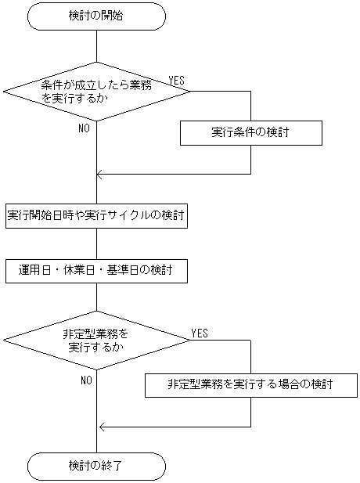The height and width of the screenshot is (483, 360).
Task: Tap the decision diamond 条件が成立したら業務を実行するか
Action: point(96,91)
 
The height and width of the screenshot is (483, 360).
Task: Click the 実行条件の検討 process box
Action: point(250,132)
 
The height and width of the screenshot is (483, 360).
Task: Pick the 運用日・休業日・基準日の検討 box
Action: point(96,271)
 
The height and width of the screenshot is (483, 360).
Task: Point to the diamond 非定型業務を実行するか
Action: point(96,339)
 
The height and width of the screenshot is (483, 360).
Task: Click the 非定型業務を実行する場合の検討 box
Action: point(250,384)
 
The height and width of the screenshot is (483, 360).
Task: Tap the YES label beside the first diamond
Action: point(177,81)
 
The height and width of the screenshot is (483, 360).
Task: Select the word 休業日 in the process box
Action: point(86,271)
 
